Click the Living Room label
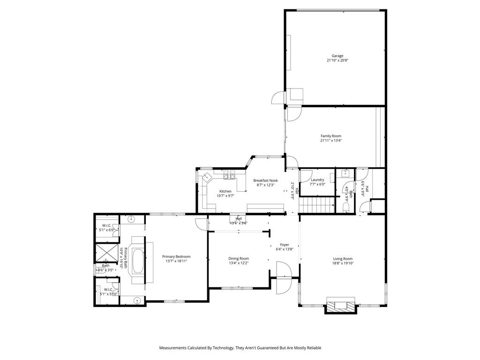pyautogui.click(x=343, y=259)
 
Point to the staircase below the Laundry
pyautogui.click(x=317, y=205)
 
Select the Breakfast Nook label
pyautogui.click(x=266, y=180)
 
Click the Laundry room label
pyautogui.click(x=317, y=180)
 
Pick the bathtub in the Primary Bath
pyautogui.click(x=138, y=261)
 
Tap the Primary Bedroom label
pyautogui.click(x=176, y=257)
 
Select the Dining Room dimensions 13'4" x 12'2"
pyautogui.click(x=239, y=263)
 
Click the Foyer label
pyautogui.click(x=285, y=245)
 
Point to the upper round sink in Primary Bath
pyautogui.click(x=131, y=218)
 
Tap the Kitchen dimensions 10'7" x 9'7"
pyautogui.click(x=225, y=196)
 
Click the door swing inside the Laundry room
pyautogui.click(x=305, y=175)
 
